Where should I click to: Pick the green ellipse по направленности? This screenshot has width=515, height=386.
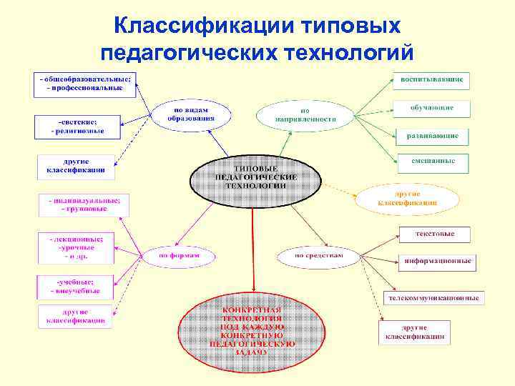305,115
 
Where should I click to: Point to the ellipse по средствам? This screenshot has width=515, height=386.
319,255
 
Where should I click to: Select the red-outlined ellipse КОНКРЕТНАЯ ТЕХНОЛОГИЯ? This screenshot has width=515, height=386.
255,332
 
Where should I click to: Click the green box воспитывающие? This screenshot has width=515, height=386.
431,78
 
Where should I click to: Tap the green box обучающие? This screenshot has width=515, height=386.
431,108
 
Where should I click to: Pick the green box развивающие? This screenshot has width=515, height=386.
432,135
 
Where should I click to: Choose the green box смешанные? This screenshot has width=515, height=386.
433,162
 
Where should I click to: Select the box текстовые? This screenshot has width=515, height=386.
434,234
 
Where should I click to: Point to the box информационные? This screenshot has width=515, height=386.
437,261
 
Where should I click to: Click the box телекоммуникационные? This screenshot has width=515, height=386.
434,297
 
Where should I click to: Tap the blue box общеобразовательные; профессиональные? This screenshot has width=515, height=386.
85,84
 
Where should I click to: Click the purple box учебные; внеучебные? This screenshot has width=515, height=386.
74,287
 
